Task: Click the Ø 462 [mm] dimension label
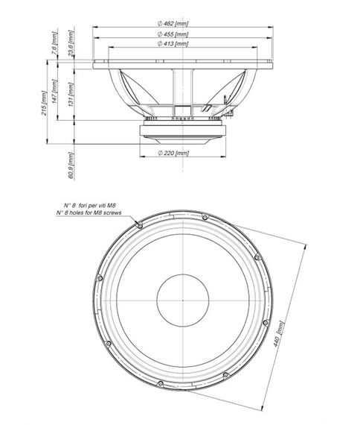coord(173,24)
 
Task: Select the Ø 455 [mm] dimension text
coord(173,34)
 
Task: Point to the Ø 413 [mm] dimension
coord(173,45)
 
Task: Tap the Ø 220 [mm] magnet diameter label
coord(173,152)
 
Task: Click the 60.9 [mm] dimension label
coord(71,166)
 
